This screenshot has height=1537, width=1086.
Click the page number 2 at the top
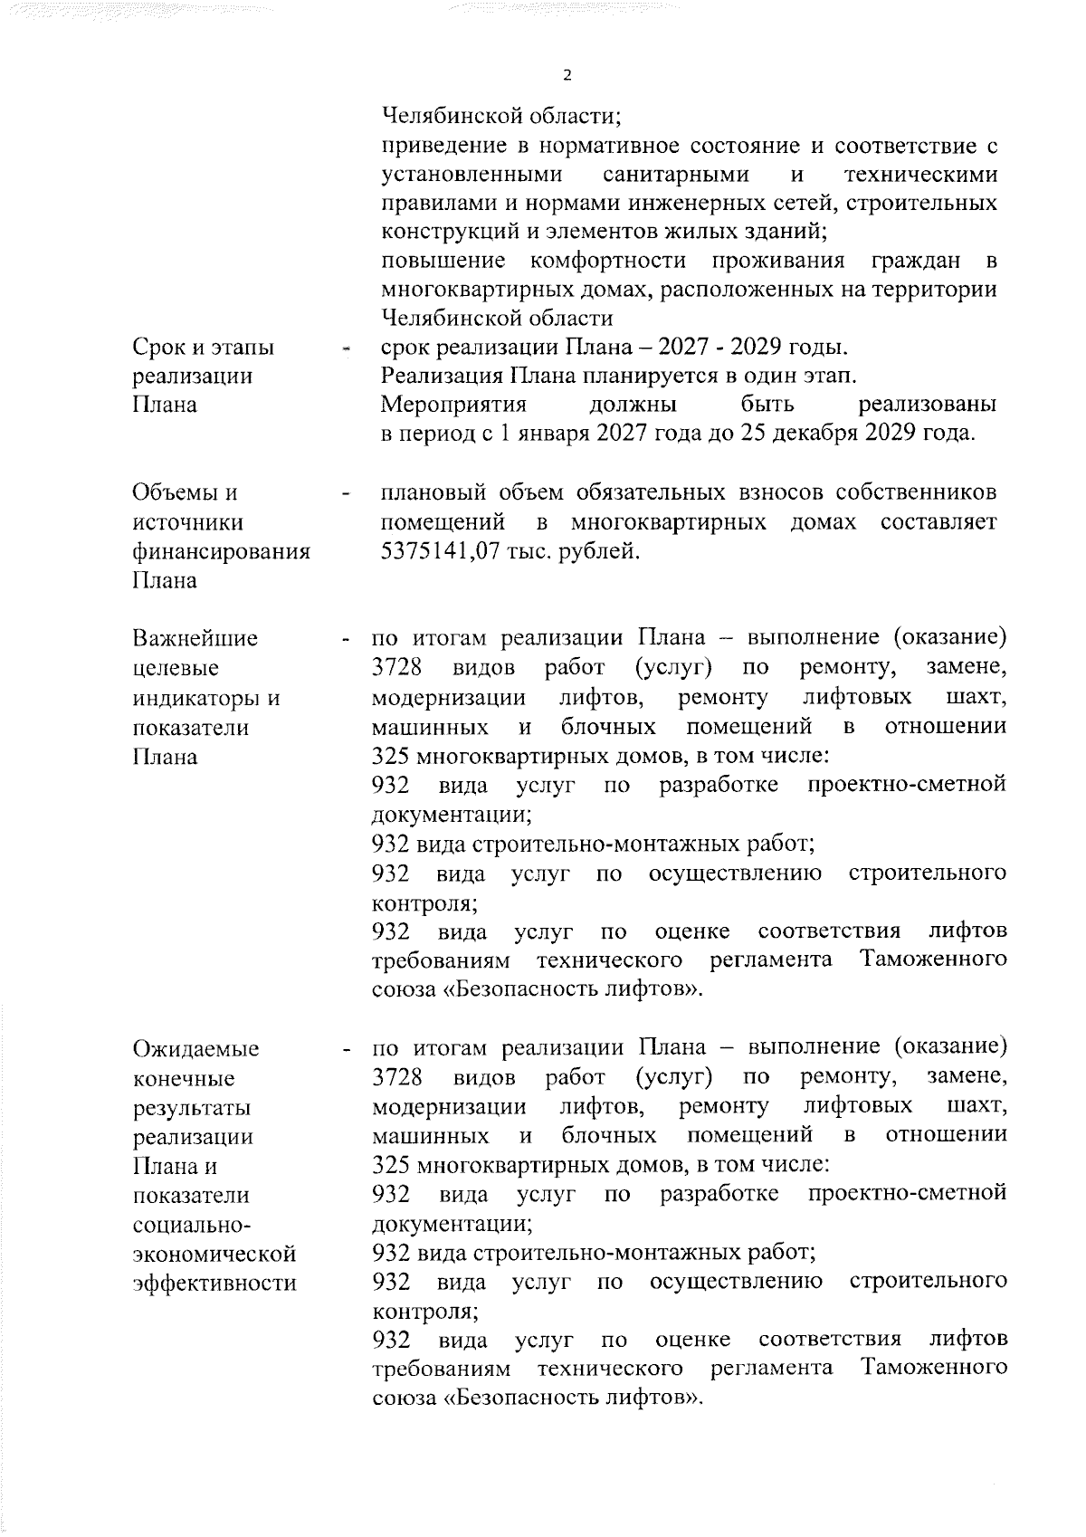(567, 75)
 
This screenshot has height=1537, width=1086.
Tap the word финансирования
(222, 551)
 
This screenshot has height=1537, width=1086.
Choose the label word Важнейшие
(195, 639)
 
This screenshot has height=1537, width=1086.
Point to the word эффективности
(214, 1283)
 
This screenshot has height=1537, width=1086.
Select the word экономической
(214, 1254)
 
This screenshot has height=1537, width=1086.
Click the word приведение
(440, 145)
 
